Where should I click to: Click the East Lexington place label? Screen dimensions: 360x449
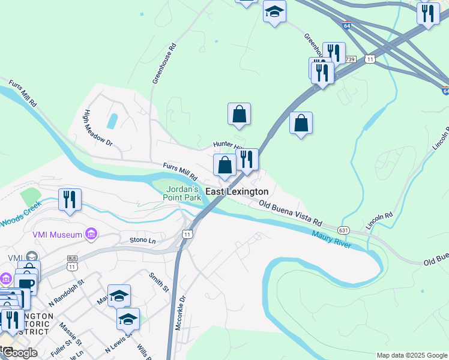pos(237,191)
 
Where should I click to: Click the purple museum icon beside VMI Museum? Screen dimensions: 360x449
pos(92,233)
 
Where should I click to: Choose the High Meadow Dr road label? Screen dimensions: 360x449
pos(98,128)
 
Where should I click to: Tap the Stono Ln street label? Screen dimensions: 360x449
pos(143,240)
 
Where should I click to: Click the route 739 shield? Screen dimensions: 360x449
pos(351,59)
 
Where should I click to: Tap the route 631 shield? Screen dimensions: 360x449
pos(343,230)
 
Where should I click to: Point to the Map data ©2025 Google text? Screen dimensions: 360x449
pos(411,355)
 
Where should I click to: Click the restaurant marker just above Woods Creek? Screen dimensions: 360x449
pos(70,199)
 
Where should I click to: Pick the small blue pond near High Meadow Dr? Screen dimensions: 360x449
pos(112,121)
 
